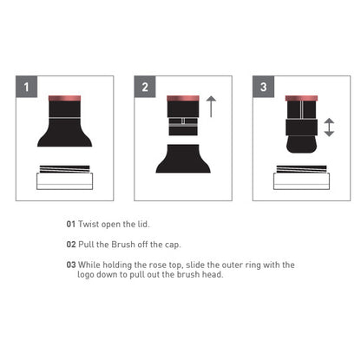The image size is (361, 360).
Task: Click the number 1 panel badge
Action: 27,87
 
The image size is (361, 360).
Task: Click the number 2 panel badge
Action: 145,87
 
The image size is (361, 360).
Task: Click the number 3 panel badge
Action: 263,87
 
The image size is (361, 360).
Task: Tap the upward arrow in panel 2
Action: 211,107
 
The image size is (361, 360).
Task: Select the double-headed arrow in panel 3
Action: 329,128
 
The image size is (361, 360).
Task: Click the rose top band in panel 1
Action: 64,98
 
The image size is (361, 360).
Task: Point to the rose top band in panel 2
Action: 183,98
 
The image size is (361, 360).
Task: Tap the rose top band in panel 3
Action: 301,98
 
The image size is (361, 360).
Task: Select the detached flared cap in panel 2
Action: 183,159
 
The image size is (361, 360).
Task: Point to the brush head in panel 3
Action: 301,144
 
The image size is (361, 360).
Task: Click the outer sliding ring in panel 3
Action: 301,128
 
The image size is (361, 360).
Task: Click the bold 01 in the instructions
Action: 71,224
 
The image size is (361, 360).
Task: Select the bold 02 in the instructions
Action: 71,245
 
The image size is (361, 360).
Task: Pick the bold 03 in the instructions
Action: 71,265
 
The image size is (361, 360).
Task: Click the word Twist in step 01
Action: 89,224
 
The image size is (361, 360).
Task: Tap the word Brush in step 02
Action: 123,245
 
